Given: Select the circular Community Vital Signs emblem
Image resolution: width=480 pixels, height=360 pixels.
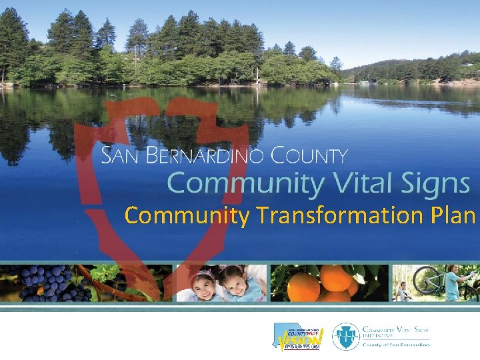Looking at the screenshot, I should (x=346, y=337).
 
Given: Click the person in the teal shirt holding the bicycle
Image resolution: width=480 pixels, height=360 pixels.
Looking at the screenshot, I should (x=453, y=285).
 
